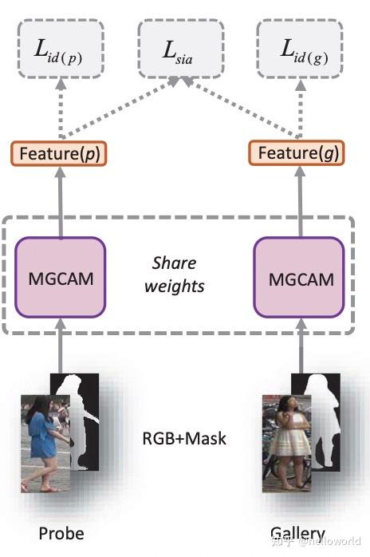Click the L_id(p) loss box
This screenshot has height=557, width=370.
61,49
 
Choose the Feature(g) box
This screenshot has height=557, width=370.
297,152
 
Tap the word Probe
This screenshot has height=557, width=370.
61,533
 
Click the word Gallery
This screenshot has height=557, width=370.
297,533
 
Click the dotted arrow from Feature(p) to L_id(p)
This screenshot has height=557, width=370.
61,108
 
